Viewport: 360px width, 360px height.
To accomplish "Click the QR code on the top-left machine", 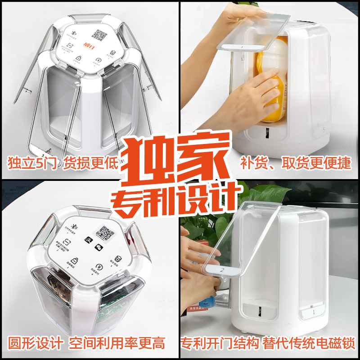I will coord(100,36).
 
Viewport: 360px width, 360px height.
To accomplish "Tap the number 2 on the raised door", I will coord(221,270).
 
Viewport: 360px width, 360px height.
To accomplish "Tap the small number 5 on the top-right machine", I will coord(324,128).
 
